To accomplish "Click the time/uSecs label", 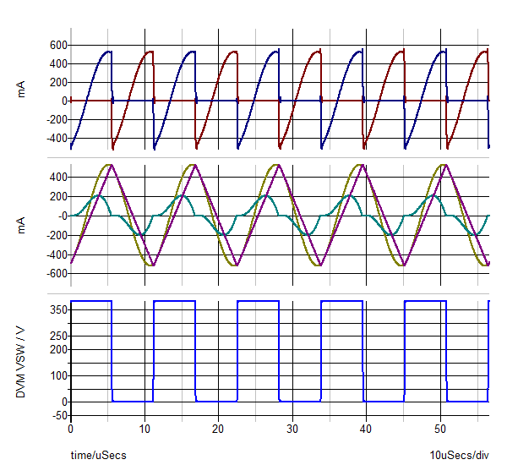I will click(x=98, y=456).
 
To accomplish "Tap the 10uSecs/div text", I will click(x=459, y=456).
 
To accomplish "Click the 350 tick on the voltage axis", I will click(x=56, y=310).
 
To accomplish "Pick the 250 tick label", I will click(x=56, y=336).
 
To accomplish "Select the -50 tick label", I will click(x=56, y=415).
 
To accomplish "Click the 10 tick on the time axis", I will click(x=144, y=429).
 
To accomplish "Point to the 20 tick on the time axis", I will click(x=218, y=429).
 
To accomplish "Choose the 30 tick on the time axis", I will click(x=292, y=429).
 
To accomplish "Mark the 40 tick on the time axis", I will click(x=366, y=429).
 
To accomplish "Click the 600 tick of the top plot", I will click(x=57, y=44).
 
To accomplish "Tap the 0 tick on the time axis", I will click(x=71, y=429).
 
